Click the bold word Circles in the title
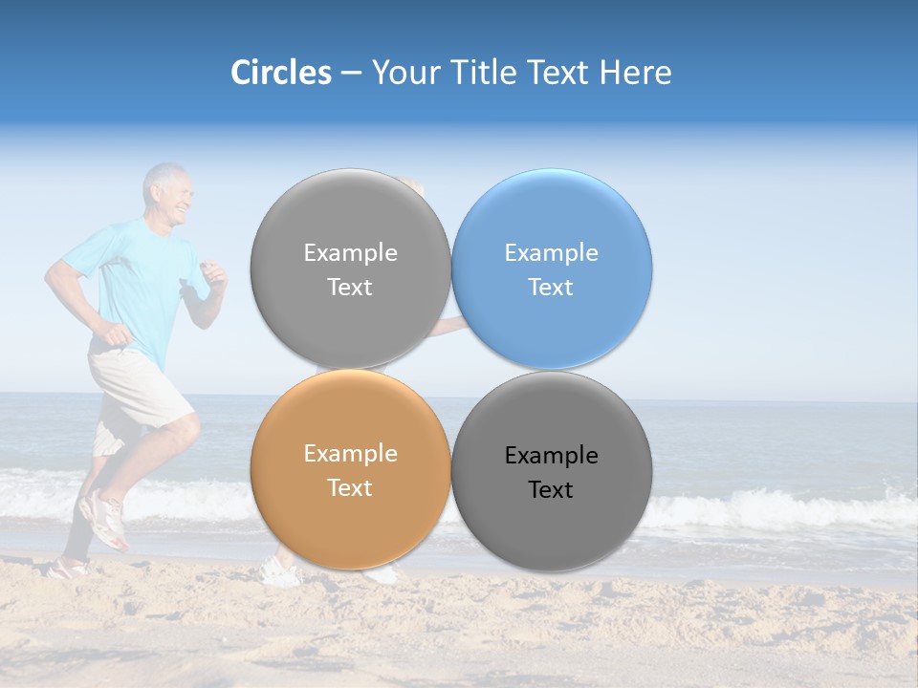coord(280,73)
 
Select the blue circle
coord(552,269)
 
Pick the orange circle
coord(350,469)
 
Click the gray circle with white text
coord(350,269)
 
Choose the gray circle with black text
coord(552,471)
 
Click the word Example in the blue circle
coord(551,253)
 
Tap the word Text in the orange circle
coord(350,488)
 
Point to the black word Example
coord(551,456)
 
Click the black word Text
coord(551,490)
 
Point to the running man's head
coord(167,194)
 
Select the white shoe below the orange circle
coord(280,572)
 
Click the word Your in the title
coord(403,73)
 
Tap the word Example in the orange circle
coord(350,454)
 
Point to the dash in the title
coord(351,73)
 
